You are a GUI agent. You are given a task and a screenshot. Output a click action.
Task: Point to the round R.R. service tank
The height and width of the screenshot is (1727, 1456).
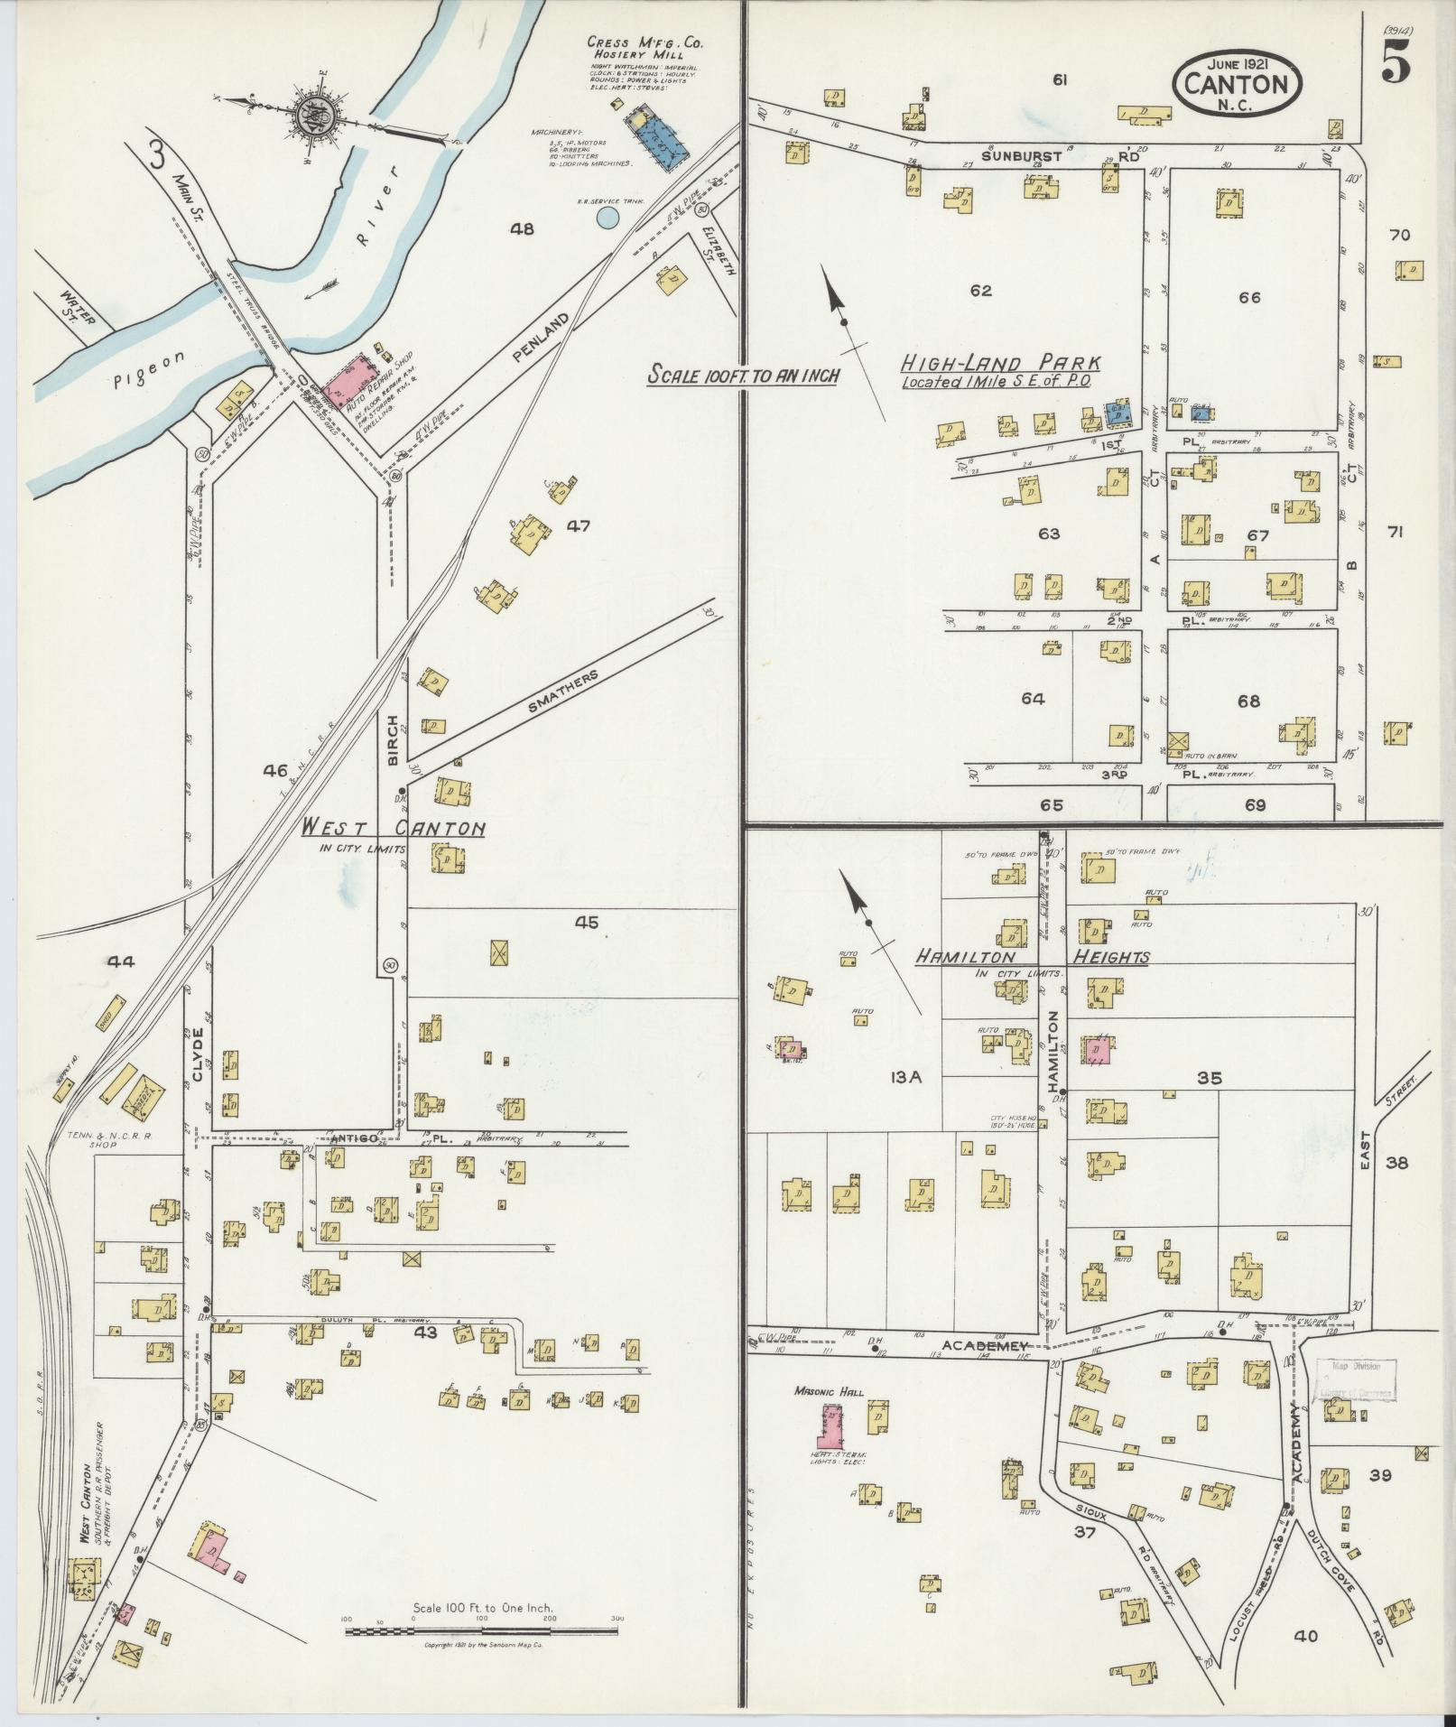tap(607, 217)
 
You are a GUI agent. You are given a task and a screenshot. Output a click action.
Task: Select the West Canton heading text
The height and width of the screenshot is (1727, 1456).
tap(393, 829)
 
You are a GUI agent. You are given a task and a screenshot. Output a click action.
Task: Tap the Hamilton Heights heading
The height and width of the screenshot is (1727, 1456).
tap(1032, 957)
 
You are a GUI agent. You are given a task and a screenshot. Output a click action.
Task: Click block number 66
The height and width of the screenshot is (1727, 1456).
tap(1249, 297)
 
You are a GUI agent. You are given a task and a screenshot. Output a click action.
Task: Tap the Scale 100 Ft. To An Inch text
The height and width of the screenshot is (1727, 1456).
tap(743, 376)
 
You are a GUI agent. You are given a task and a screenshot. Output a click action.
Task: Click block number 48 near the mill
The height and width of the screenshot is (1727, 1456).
tap(522, 229)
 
